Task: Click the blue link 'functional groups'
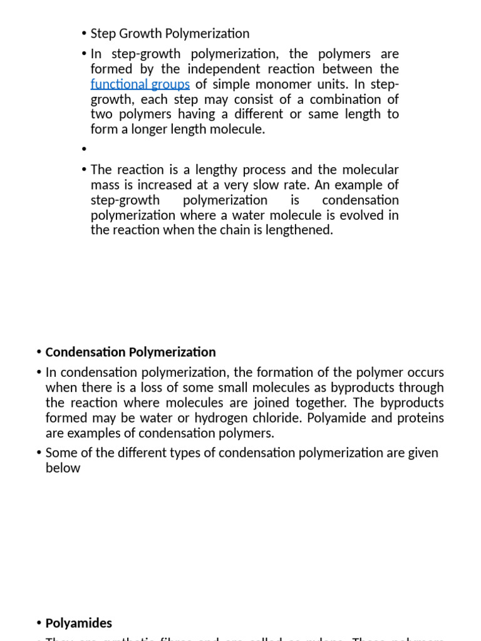click(140, 84)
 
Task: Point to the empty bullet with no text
click(83, 150)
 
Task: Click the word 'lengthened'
click(300, 230)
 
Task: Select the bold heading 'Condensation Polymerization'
click(130, 352)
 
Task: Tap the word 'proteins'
click(420, 418)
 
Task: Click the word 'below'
click(63, 468)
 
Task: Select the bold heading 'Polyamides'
click(79, 623)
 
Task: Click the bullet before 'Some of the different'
click(39, 453)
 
